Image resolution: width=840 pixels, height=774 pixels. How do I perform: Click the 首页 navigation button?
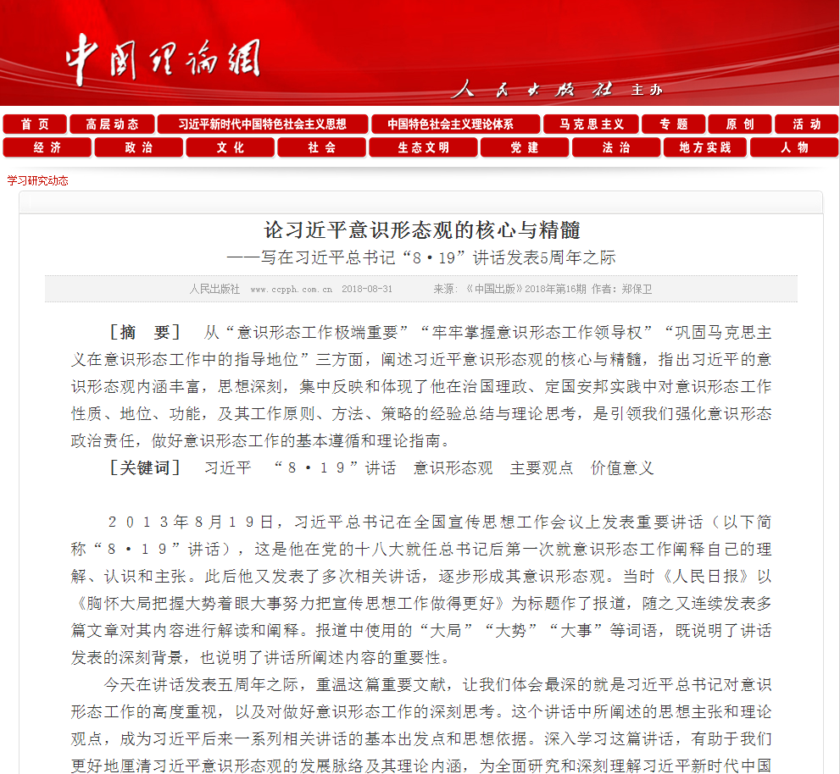tap(35, 124)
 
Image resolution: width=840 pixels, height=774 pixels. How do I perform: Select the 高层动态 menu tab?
tap(112, 124)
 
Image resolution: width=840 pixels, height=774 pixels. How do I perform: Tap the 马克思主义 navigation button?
tap(592, 124)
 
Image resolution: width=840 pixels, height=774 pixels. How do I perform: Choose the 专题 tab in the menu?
tap(674, 124)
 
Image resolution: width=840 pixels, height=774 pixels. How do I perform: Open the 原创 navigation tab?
tap(740, 124)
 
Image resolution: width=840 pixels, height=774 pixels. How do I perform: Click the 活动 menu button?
tap(806, 124)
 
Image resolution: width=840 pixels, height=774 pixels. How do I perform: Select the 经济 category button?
tap(47, 147)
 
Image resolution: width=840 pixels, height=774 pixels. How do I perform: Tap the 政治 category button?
tap(138, 147)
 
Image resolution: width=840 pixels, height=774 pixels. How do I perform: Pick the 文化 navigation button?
tap(230, 147)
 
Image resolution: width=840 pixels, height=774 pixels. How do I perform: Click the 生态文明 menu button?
tap(423, 147)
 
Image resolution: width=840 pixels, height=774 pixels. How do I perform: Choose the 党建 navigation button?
tap(525, 147)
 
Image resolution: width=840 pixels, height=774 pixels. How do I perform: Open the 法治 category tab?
tap(616, 147)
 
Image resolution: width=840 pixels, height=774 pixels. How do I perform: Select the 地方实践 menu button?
tap(704, 147)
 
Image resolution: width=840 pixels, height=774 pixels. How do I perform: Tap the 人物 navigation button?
tap(794, 147)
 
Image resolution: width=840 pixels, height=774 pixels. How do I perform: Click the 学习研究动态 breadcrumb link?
tap(38, 180)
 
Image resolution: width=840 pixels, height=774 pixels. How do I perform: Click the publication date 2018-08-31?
tap(367, 289)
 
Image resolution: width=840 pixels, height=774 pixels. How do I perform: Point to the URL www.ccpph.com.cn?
tap(291, 289)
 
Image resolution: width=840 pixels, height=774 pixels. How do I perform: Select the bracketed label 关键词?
tap(145, 467)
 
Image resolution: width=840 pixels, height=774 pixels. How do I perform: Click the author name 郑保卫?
tap(637, 289)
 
